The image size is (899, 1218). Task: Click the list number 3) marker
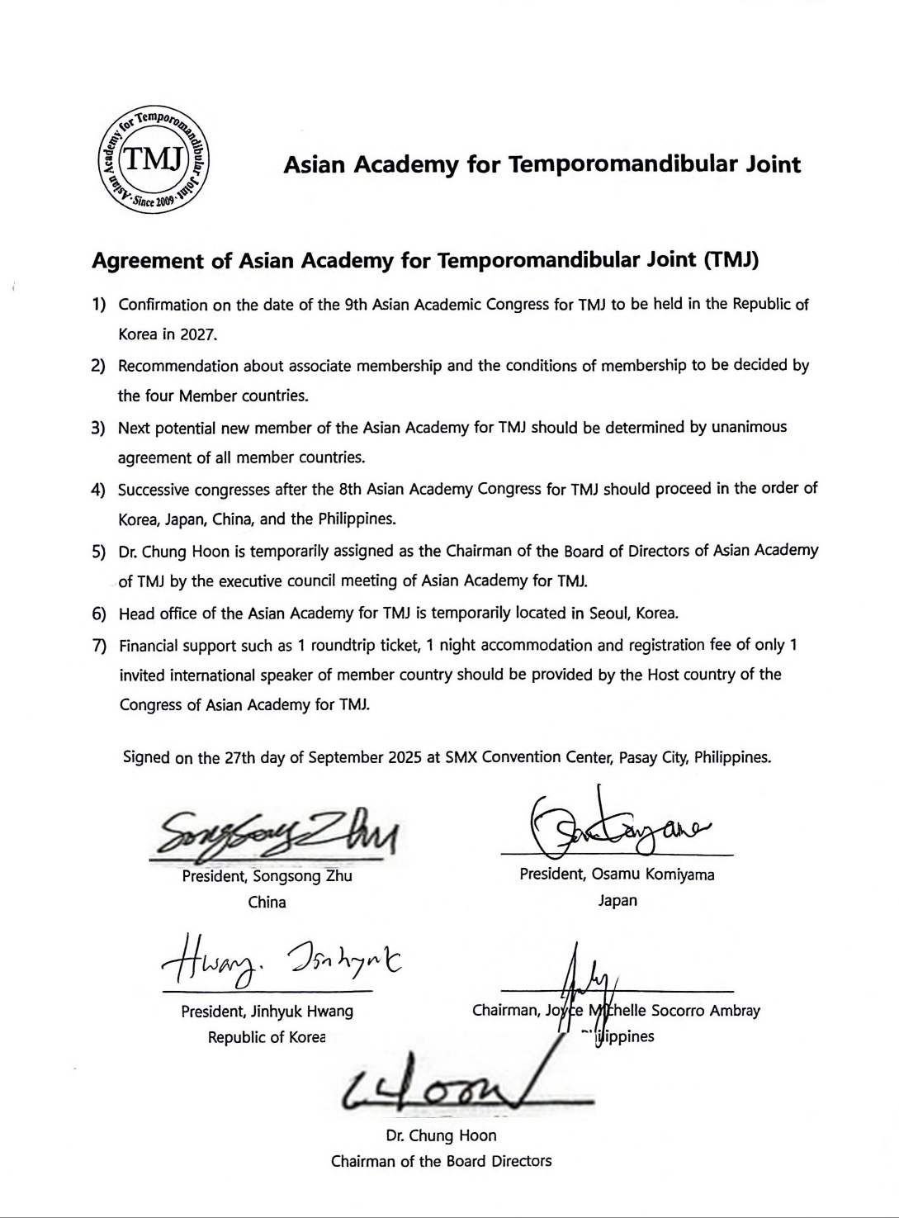(99, 428)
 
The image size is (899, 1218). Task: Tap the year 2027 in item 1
(198, 335)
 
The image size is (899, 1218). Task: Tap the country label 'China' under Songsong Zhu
(267, 902)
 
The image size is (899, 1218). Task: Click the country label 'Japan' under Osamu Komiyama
(617, 900)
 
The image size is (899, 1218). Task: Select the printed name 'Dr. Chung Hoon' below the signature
(441, 1135)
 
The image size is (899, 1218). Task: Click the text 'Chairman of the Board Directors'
(441, 1161)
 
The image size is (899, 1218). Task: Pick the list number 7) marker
(99, 646)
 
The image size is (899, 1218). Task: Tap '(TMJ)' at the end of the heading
(731, 261)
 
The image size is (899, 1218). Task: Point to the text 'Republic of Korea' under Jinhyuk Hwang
(267, 1037)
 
